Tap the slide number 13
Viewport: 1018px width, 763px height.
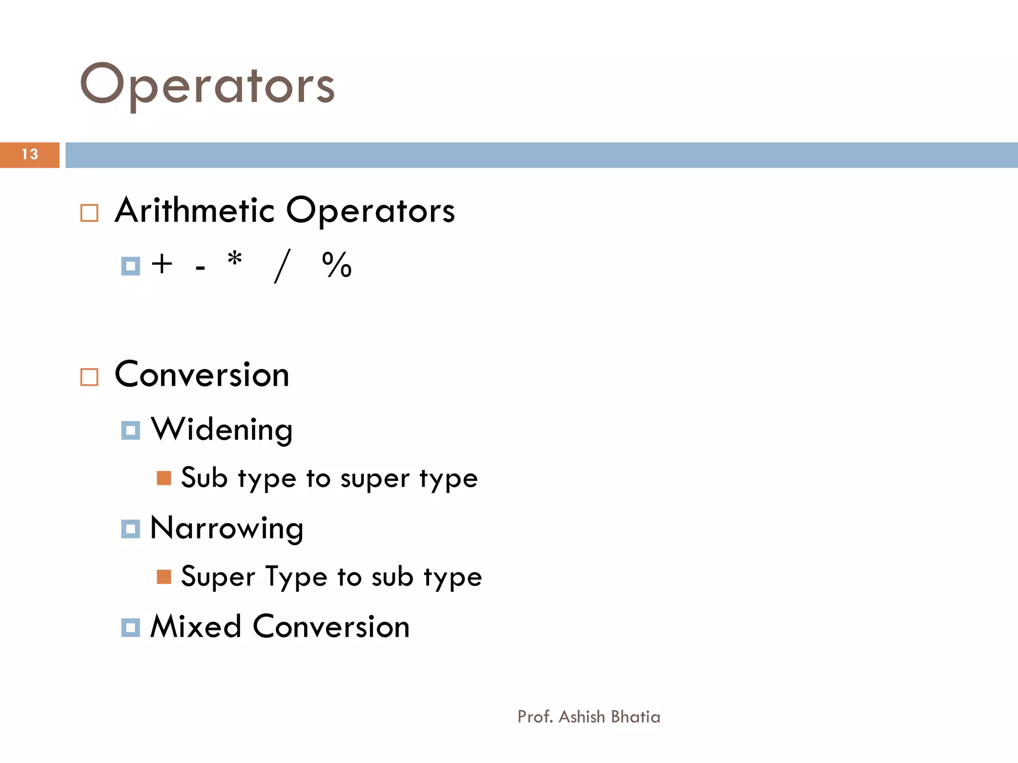click(30, 154)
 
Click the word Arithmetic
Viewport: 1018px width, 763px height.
click(194, 210)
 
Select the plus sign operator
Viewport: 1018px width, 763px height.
click(162, 264)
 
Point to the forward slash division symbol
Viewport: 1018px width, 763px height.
click(282, 266)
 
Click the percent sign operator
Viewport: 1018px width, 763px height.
click(337, 265)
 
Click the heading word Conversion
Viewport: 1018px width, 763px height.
click(202, 375)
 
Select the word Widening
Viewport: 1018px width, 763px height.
click(222, 430)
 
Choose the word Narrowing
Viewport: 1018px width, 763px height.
click(227, 529)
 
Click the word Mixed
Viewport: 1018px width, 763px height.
click(196, 626)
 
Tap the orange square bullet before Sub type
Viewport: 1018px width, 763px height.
click(164, 478)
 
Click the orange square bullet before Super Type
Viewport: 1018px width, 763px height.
click(164, 577)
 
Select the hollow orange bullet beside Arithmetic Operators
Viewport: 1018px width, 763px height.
click(89, 213)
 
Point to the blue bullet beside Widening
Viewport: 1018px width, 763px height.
click(131, 430)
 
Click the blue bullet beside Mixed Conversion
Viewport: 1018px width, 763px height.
click(131, 627)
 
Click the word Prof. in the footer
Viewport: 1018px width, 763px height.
click(535, 717)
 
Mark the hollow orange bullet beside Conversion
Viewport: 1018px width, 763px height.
click(89, 378)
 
